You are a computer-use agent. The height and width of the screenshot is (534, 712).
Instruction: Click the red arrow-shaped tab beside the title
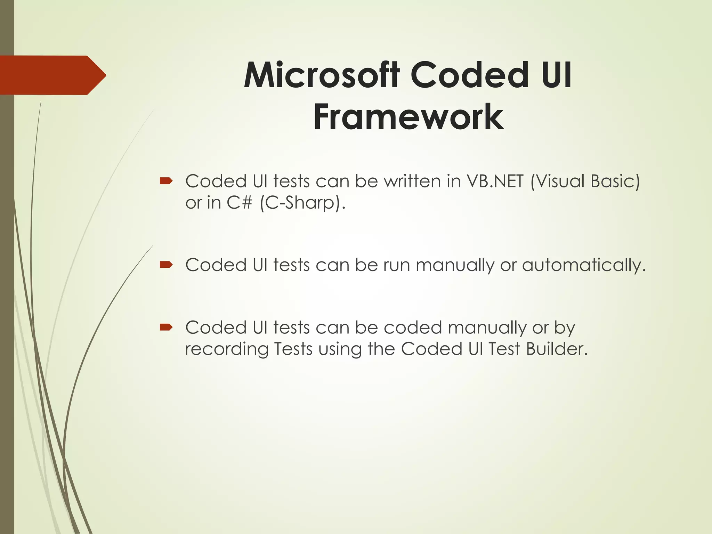52,75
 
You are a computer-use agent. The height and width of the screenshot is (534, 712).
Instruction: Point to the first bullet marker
166,181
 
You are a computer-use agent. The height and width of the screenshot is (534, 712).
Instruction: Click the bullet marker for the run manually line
166,265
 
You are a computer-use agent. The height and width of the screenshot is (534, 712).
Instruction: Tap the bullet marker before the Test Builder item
166,327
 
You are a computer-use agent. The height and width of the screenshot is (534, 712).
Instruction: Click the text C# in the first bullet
239,203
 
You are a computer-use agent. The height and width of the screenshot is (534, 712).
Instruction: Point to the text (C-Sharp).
303,203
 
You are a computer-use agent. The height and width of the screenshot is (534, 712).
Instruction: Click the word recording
226,349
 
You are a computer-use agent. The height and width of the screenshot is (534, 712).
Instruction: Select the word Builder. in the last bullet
557,349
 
